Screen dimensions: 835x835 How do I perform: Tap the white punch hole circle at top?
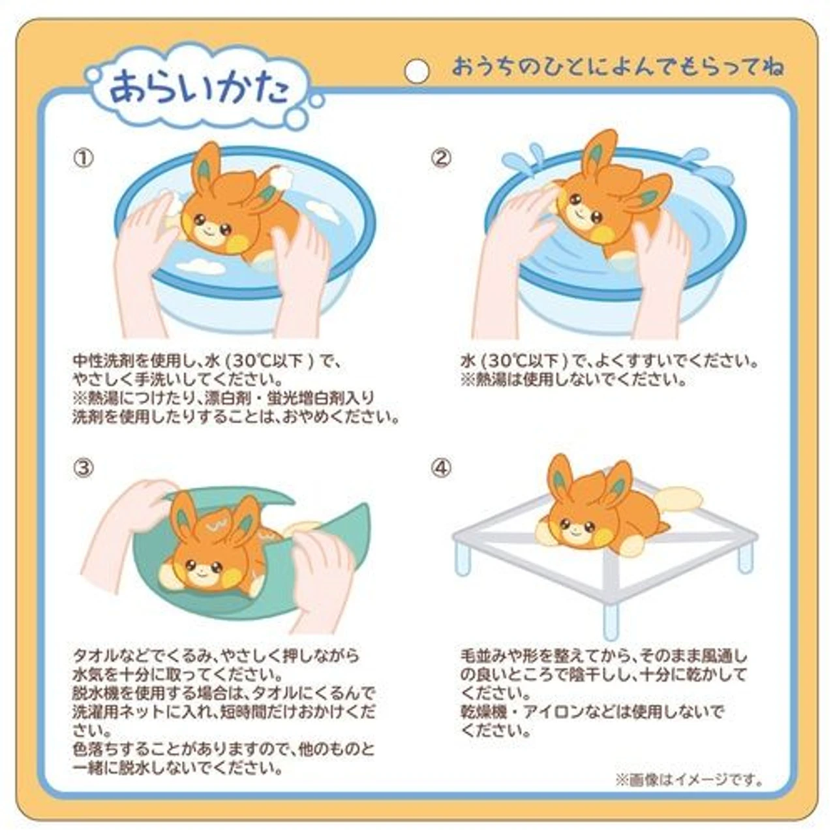tap(416, 70)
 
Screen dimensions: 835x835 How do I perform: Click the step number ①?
tap(83, 158)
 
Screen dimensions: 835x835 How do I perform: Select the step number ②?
tap(441, 158)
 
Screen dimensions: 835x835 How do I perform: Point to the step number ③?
tap(83, 468)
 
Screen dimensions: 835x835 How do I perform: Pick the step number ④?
tap(441, 468)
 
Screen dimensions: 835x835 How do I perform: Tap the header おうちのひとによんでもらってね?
tap(618, 68)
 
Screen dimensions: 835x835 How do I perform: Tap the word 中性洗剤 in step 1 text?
tap(104, 360)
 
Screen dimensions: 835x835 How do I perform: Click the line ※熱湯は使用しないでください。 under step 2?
tap(574, 380)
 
